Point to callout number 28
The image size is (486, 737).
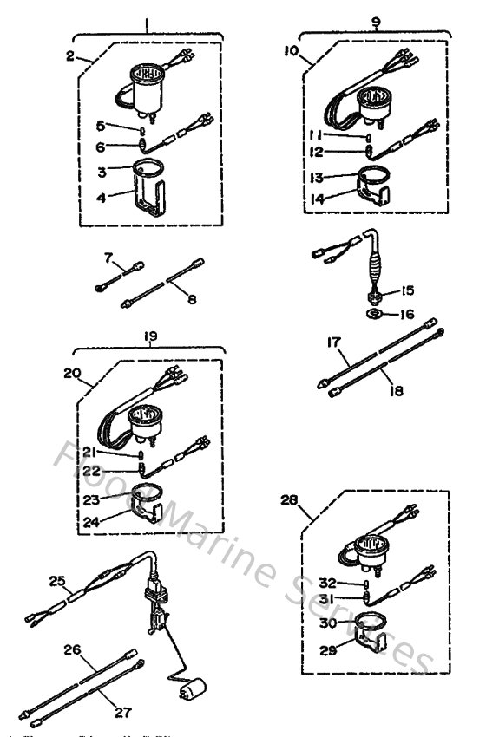pos(289,499)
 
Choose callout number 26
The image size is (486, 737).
pos(72,649)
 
